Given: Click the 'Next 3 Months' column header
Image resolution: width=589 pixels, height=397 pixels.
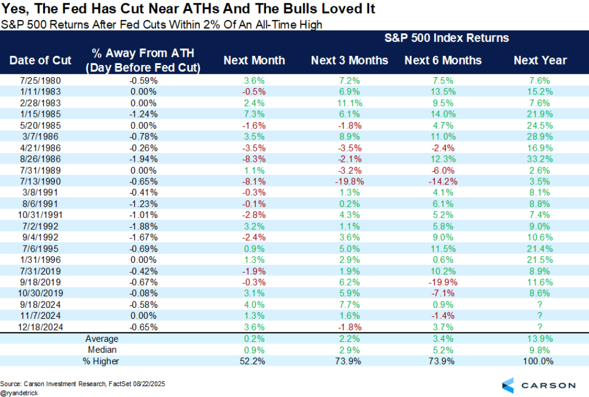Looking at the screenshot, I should [x=349, y=60].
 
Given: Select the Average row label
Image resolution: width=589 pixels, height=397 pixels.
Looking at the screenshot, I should [x=101, y=338].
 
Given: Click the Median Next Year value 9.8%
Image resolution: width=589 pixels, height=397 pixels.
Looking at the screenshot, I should [x=540, y=349].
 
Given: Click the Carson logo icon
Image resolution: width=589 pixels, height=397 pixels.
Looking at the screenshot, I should [x=507, y=385].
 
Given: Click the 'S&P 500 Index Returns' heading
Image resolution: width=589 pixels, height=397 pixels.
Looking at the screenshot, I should [x=446, y=38].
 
